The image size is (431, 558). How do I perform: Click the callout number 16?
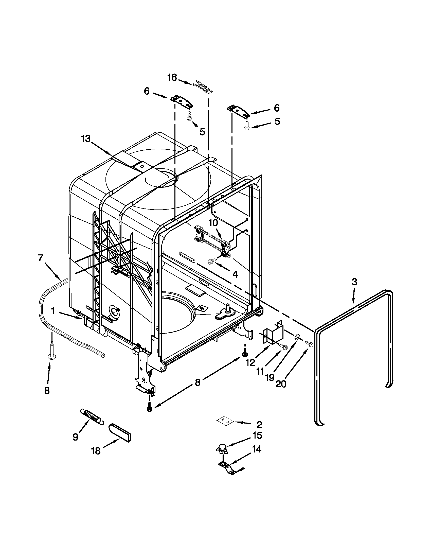click(x=172, y=77)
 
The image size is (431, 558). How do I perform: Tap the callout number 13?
click(x=86, y=139)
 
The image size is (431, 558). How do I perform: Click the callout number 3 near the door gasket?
click(x=354, y=282)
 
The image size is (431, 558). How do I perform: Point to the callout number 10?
click(x=213, y=223)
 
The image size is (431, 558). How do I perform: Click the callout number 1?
click(x=53, y=311)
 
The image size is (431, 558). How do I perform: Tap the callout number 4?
click(x=235, y=274)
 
